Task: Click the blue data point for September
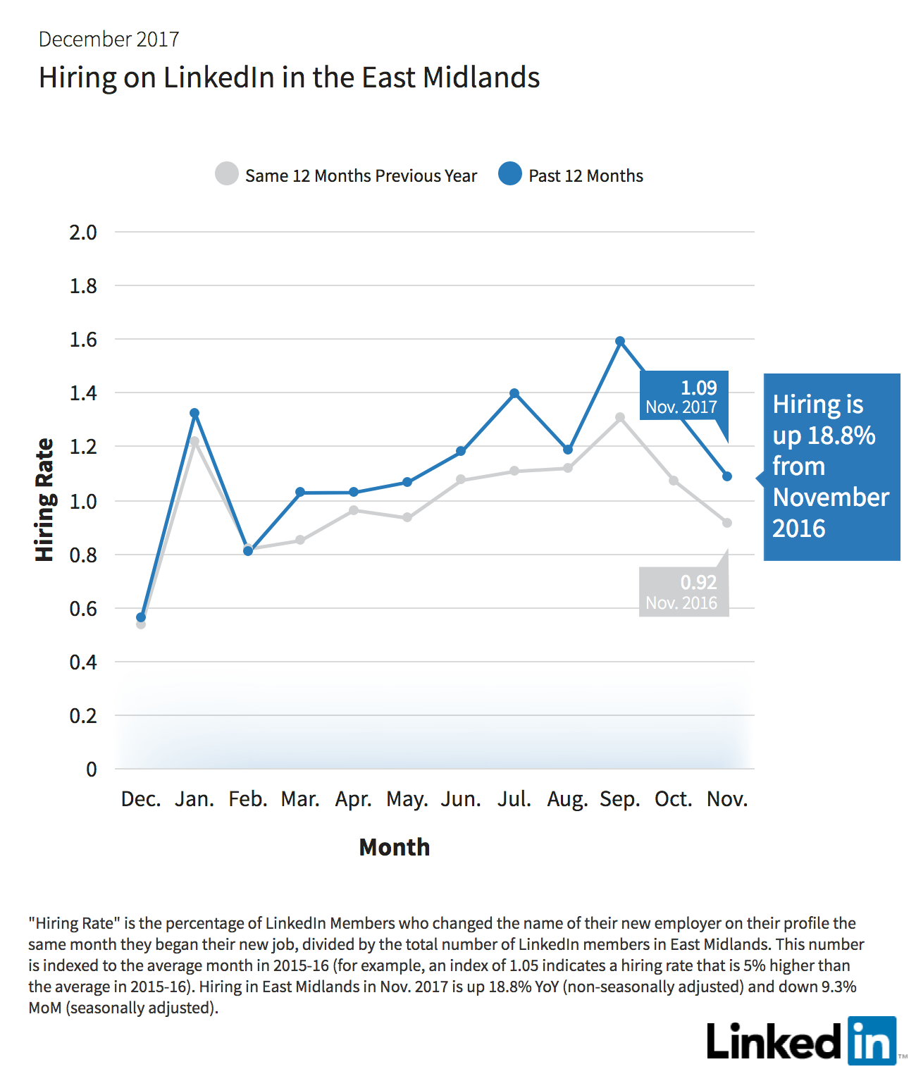620,342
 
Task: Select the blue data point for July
514,393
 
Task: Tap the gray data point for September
620,417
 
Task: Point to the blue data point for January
194,413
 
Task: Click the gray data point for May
407,517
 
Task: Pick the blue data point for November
726,476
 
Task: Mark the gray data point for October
674,480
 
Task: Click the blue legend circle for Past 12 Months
509,173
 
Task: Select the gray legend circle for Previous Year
227,173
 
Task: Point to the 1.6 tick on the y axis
83,340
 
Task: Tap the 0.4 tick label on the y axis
83,662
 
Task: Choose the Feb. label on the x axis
248,799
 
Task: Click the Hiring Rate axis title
44,500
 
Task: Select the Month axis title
394,847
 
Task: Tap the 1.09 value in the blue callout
698,388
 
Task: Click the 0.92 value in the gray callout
698,582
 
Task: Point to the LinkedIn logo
802,1042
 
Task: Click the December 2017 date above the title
109,39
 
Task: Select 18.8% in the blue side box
841,435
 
